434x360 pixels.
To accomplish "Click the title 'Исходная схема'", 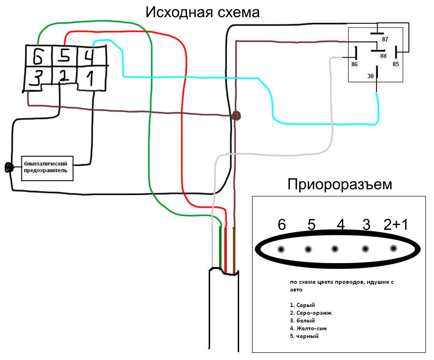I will tap(202, 12).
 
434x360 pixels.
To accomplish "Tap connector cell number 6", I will tap(38, 57).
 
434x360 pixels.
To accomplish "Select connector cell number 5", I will tap(64, 56).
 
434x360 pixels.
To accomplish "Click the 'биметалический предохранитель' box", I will tap(48, 167).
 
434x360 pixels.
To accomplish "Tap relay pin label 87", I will tap(384, 39).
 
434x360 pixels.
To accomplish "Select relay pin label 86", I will tap(354, 64).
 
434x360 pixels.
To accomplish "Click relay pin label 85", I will tap(395, 64).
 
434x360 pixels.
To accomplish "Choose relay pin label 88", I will tap(383, 56).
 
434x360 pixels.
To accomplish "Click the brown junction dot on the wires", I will tap(236, 116).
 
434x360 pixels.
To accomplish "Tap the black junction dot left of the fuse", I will tap(8, 167).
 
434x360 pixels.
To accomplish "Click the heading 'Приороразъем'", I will tap(339, 185).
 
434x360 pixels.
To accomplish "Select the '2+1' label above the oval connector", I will tap(395, 225).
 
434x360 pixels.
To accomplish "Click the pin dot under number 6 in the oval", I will tap(281, 249).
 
